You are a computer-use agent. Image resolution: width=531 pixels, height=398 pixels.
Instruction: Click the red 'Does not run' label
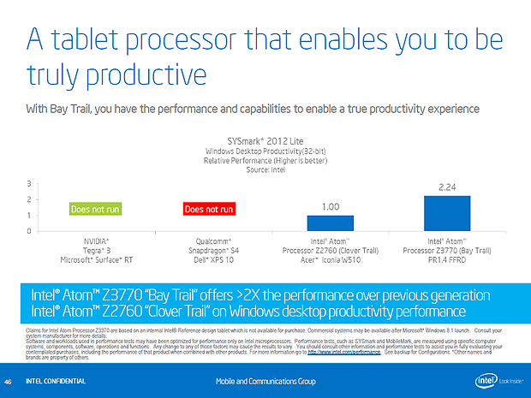pyautogui.click(x=209, y=209)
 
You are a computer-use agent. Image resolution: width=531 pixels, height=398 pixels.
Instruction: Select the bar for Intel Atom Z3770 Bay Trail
pyautogui.click(x=447, y=213)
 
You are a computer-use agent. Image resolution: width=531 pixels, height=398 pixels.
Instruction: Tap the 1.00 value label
pyautogui.click(x=330, y=207)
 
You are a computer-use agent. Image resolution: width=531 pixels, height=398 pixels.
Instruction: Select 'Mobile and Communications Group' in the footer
pyautogui.click(x=265, y=380)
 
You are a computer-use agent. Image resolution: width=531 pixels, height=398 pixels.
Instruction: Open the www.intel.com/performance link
pyautogui.click(x=338, y=352)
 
